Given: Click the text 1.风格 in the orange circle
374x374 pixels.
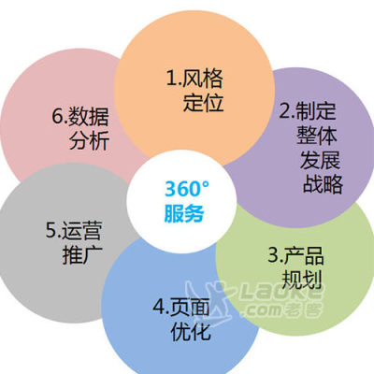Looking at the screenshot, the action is [x=194, y=78].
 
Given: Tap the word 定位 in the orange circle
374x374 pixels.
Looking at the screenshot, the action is [x=203, y=103].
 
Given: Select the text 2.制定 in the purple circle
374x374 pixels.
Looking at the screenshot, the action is [x=308, y=110].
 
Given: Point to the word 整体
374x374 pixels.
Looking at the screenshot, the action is [x=317, y=135].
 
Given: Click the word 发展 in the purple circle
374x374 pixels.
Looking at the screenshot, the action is [x=320, y=160].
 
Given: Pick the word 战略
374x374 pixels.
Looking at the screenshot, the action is [x=323, y=184].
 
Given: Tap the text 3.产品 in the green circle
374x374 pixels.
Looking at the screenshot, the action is [x=295, y=255].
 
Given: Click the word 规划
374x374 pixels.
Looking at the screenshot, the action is [x=301, y=280].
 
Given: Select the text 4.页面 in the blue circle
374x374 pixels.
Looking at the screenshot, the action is [x=181, y=307].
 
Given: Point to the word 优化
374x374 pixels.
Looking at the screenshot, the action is [x=191, y=331].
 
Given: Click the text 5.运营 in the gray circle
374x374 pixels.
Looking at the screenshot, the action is [x=74, y=230].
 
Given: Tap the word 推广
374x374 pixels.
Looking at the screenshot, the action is [x=82, y=255].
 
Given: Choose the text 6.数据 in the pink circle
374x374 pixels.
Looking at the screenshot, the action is [x=80, y=116].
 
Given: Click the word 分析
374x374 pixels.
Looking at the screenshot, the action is [x=89, y=141].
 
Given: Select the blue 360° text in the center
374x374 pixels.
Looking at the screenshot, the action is [x=187, y=189].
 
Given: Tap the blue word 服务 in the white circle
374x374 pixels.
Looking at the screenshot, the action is [x=184, y=213].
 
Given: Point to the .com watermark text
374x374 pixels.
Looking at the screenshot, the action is [x=264, y=310].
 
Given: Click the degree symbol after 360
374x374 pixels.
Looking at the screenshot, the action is [x=206, y=184].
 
